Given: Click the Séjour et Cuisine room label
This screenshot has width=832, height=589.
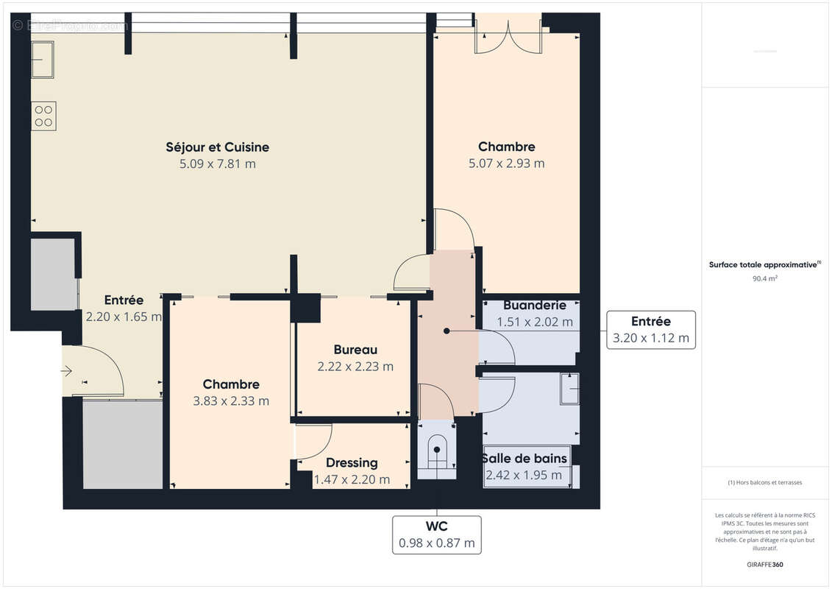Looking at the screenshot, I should pos(217,147).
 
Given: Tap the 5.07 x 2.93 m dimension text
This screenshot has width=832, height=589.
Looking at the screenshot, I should pos(506,163).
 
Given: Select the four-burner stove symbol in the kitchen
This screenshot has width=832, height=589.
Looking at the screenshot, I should pos(43,116).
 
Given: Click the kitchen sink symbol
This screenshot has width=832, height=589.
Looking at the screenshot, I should pos(42,59).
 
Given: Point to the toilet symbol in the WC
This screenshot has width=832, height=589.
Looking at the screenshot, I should pos(437,453).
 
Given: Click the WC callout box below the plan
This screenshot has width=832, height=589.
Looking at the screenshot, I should pos(437,535).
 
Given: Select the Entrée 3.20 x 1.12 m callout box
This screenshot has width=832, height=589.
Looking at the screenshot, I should pos(651,329).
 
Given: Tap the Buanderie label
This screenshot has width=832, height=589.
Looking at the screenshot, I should pos(534,305).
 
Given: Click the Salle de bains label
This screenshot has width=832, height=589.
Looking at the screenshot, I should pos(525,458).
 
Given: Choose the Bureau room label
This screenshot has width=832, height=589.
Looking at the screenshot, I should pos(355,350).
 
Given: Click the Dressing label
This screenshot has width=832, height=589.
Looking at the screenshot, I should pos(352,463).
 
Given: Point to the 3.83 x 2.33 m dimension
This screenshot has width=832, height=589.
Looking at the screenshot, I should pos(230,401).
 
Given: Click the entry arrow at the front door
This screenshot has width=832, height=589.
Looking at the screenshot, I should pos(67,372).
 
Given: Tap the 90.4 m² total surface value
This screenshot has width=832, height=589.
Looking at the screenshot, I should pos(765,279).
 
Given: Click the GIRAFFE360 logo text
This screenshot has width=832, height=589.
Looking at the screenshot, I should pos(765,565).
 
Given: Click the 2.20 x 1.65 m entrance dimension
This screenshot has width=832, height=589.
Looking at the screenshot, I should pos(123,317).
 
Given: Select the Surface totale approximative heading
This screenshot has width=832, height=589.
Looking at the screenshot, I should pos(765,264).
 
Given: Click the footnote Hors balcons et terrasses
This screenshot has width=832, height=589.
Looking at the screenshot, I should pos(765,483).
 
